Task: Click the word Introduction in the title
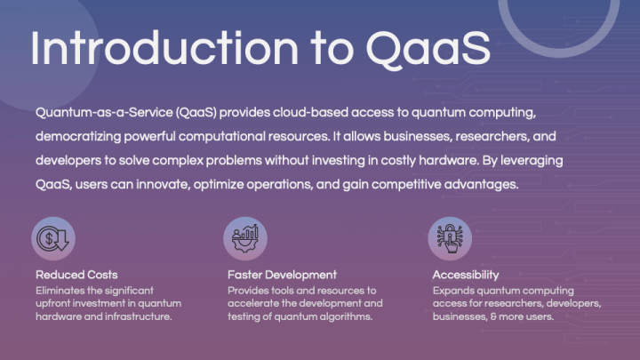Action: pyautogui.click(x=164, y=48)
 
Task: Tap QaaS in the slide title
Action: pyautogui.click(x=428, y=50)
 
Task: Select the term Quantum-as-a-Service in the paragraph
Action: pyautogui.click(x=104, y=112)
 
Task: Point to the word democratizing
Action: pyautogui.click(x=78, y=137)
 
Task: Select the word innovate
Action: pyautogui.click(x=163, y=185)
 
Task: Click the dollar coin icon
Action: pyautogui.click(x=53, y=239)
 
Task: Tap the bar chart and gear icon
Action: pyautogui.click(x=245, y=239)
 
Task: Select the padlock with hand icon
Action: pyautogui.click(x=450, y=239)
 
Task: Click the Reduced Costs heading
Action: pyautogui.click(x=76, y=275)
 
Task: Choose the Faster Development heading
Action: pyautogui.click(x=282, y=275)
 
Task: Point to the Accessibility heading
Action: pyautogui.click(x=466, y=275)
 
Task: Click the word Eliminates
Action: pyautogui.click(x=60, y=291)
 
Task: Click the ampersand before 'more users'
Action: pyautogui.click(x=493, y=317)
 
